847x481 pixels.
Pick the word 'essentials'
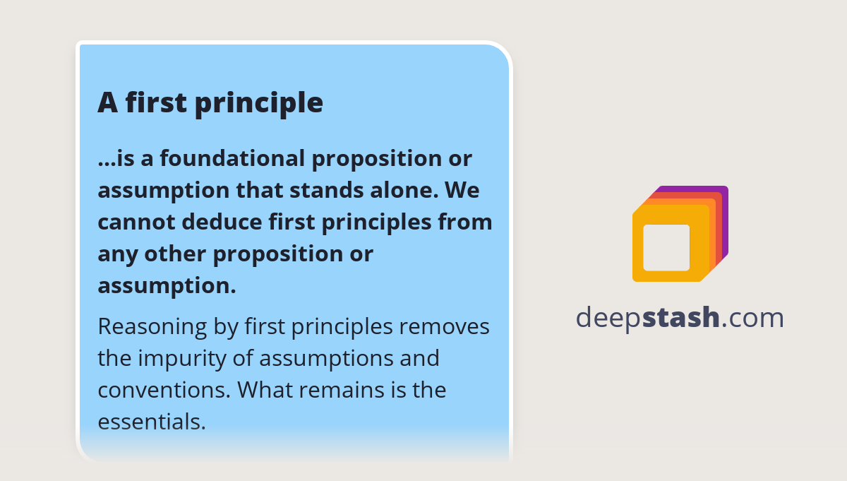[x=151, y=422]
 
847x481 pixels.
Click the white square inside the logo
[x=666, y=247]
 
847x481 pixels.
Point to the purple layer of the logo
[x=725, y=212]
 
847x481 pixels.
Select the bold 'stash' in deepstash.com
[x=681, y=318]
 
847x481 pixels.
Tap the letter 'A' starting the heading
[x=107, y=103]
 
